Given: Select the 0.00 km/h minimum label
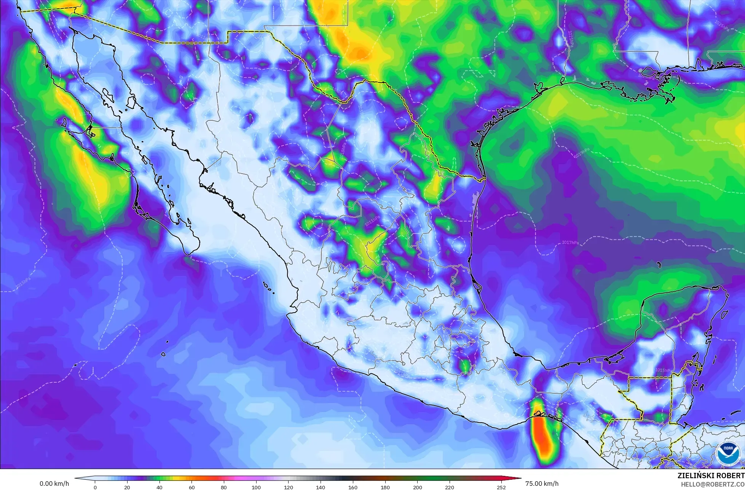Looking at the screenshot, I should (x=54, y=484).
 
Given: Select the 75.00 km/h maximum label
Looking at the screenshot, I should (x=542, y=484).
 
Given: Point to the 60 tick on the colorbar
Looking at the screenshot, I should (x=192, y=487).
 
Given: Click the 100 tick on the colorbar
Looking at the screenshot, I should (x=256, y=487).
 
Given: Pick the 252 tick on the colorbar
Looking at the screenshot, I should (x=501, y=487).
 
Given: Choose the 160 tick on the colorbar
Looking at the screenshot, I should (x=353, y=487).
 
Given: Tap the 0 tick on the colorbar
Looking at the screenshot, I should (x=95, y=487).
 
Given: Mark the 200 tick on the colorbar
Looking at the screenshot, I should (x=418, y=487).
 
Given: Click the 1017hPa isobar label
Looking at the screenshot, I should (x=570, y=243).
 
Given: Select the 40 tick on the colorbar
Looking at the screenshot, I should (x=160, y=487).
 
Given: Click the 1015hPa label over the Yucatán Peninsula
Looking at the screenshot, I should (x=663, y=370).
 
